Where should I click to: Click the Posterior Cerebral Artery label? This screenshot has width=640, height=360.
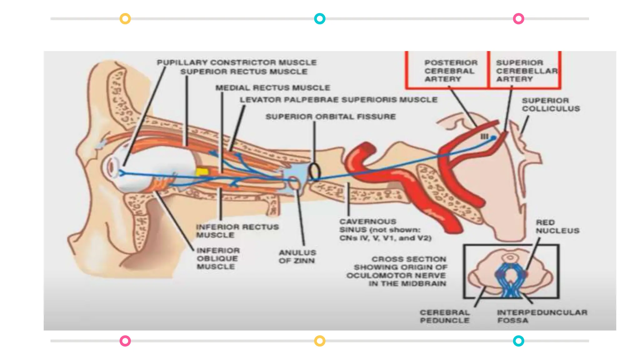[x=451, y=71]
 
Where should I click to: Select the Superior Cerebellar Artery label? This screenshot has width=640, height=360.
[x=526, y=71]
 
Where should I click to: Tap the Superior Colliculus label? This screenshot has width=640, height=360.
[x=551, y=105]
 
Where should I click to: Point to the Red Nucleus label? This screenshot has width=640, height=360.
[x=557, y=227]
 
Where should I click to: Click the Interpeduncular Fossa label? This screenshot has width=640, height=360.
[x=542, y=316]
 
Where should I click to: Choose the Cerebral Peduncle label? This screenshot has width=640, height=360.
[x=445, y=316]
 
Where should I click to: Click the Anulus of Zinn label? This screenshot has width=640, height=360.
[x=297, y=257]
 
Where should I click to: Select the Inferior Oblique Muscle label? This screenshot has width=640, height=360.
[x=218, y=258]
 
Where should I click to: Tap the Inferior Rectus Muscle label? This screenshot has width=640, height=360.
[x=237, y=231]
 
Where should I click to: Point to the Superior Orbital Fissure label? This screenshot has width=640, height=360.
[x=330, y=117]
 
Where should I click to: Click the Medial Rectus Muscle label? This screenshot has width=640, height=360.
[x=272, y=88]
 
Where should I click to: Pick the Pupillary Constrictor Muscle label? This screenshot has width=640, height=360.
[x=237, y=62]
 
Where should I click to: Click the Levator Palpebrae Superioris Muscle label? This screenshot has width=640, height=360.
[x=338, y=100]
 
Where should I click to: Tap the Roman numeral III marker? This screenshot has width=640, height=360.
[x=484, y=137]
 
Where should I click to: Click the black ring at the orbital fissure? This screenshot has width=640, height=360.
[x=314, y=172]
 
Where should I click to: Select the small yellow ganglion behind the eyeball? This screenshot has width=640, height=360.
[x=202, y=172]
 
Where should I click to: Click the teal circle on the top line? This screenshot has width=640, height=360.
[x=319, y=19]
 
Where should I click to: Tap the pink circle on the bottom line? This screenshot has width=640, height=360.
[x=125, y=341]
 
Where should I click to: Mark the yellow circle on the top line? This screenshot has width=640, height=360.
[x=125, y=19]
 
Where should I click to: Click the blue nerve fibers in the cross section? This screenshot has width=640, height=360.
[x=510, y=280]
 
